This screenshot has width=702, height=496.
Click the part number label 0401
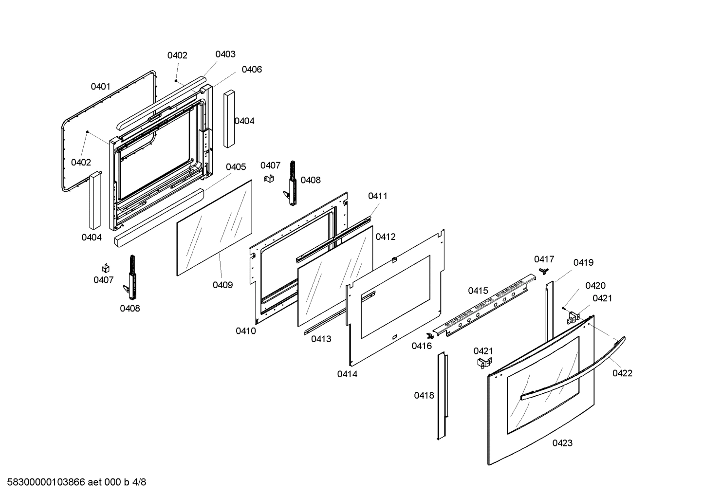[100, 87]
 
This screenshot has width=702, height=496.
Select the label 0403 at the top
[225, 54]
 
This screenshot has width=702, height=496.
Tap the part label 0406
[251, 69]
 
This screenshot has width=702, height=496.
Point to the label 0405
[236, 167]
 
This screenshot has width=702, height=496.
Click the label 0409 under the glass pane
[222, 285]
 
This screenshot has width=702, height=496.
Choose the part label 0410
[246, 331]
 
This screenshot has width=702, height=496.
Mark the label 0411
[378, 196]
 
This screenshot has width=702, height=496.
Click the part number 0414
[347, 374]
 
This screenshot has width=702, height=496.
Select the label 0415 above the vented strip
[478, 291]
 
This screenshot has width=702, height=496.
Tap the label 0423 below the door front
[562, 443]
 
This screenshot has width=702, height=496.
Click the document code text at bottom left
[74, 482]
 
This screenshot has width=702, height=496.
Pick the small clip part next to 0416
[429, 336]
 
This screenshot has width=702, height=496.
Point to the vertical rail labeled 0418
[443, 397]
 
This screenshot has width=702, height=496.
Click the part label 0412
[386, 237]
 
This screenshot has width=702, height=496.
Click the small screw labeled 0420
[563, 307]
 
